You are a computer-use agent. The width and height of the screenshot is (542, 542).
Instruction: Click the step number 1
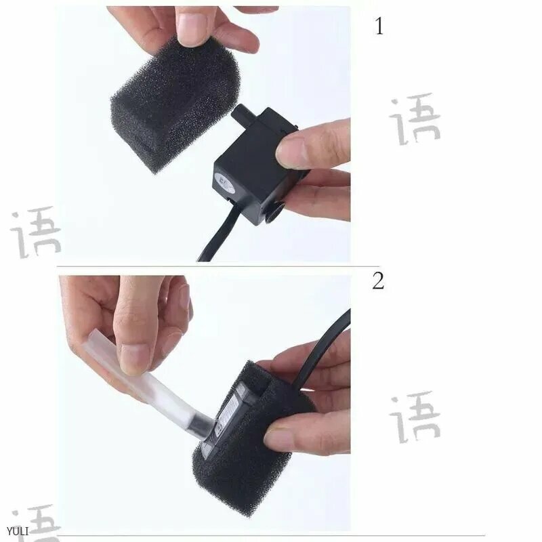coord(379,26)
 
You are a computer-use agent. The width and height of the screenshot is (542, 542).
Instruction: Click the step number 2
coord(378,280)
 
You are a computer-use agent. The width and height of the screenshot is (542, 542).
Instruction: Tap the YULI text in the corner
coord(18,530)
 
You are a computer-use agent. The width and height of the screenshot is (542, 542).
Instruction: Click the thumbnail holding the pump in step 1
coord(293,149)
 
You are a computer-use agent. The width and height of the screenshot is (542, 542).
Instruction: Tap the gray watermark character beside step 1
coord(415,119)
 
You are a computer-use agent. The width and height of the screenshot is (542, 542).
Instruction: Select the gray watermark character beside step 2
coord(415,417)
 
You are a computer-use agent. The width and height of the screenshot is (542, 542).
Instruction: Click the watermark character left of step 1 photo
coord(36,232)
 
